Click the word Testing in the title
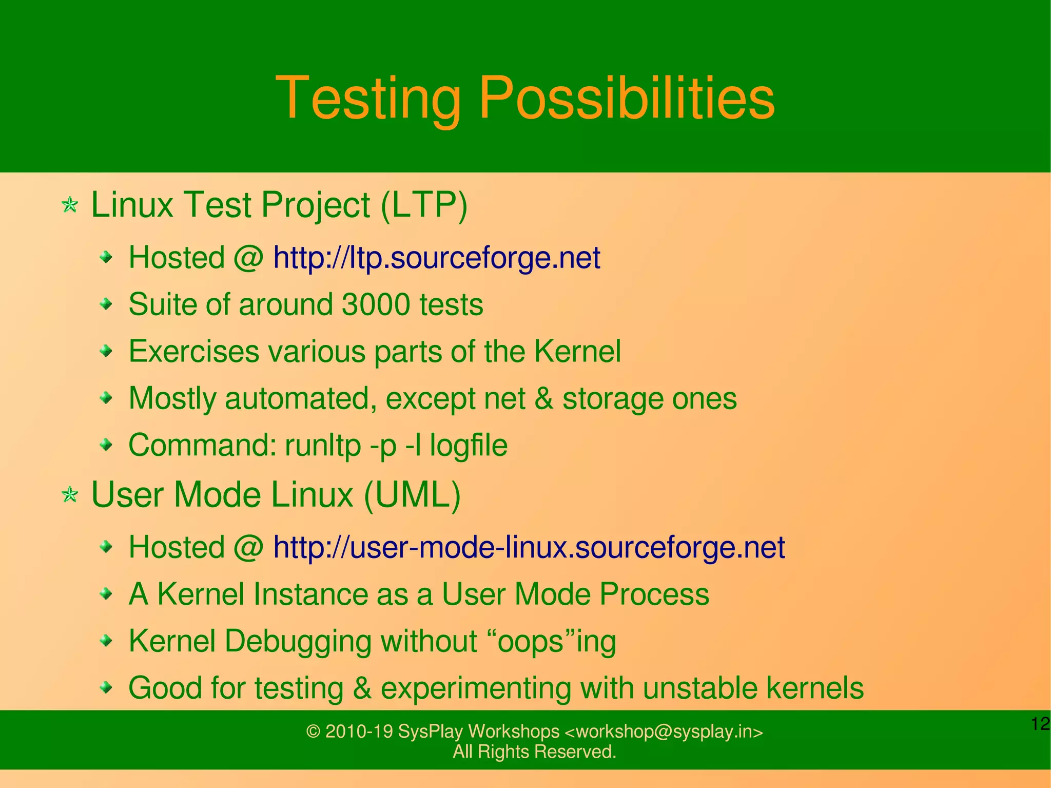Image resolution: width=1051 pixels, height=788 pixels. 368,99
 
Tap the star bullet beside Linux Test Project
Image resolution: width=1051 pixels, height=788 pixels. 70,206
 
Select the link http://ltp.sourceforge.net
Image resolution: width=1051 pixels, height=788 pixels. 436,258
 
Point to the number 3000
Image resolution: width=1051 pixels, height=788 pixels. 375,304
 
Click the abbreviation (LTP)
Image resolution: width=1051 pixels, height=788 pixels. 424,205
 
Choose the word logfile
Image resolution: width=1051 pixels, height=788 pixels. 468,445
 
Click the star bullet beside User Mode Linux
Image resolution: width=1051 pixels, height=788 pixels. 70,495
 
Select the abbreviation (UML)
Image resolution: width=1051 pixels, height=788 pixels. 412,495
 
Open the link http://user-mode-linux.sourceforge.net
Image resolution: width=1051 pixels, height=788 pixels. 529,547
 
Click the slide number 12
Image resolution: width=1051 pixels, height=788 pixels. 1040,724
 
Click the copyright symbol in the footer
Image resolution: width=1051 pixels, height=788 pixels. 313,732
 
